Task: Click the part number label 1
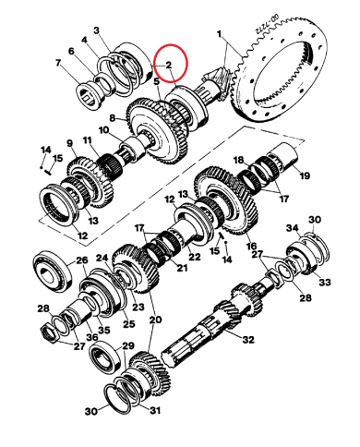pyautogui.click(x=219, y=34)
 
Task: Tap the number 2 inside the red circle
pyautogui.click(x=168, y=65)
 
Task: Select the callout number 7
pyautogui.click(x=57, y=63)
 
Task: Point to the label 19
pyautogui.click(x=305, y=175)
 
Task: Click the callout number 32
pyautogui.click(x=248, y=339)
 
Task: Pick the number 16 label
pyautogui.click(x=251, y=247)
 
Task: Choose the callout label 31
pyautogui.click(x=155, y=410)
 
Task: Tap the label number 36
pyautogui.click(x=92, y=337)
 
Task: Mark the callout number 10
pyautogui.click(x=104, y=130)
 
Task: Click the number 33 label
pyautogui.click(x=325, y=282)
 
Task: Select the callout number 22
pyautogui.click(x=195, y=257)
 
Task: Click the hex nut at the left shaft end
pyautogui.click(x=49, y=333)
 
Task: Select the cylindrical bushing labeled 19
pyautogui.click(x=283, y=155)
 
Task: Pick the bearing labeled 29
pyautogui.click(x=105, y=356)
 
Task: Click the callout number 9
pyautogui.click(x=69, y=143)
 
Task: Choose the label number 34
pyautogui.click(x=293, y=228)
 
